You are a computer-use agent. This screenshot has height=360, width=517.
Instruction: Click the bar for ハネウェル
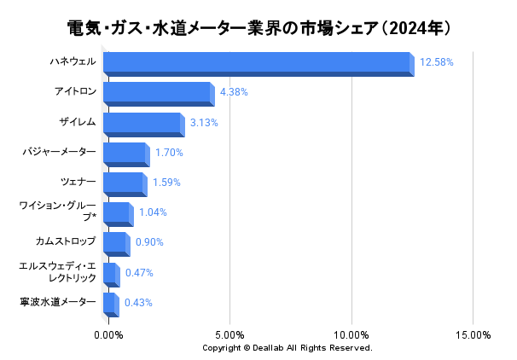coord(258,63)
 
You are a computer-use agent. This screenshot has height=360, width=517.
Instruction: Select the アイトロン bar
coord(158,93)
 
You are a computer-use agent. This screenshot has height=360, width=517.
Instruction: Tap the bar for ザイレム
coord(142,123)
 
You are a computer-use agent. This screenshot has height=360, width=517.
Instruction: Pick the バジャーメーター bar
coord(125,154)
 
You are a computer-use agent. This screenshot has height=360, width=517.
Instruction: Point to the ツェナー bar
coord(124,183)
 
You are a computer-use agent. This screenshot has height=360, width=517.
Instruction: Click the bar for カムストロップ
coord(115,243)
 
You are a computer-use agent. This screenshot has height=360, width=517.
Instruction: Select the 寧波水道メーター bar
coord(109,304)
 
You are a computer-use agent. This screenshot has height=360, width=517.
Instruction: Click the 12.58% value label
coord(436,62)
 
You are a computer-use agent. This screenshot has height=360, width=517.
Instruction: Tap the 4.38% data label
coord(234,92)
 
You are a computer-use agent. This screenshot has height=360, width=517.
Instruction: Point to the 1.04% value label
coord(153,212)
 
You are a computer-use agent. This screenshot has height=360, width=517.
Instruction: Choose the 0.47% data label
coord(139,273)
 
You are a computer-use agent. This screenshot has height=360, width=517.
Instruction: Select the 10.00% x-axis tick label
coord(352,334)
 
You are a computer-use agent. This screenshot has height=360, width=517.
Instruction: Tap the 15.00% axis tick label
coord(473,334)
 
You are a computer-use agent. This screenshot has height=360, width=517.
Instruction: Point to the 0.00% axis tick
coord(108,334)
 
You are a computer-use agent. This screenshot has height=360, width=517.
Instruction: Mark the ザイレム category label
coord(78,123)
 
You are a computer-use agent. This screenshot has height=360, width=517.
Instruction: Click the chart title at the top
coord(258,28)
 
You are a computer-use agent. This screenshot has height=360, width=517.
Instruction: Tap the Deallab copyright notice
coord(288,348)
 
